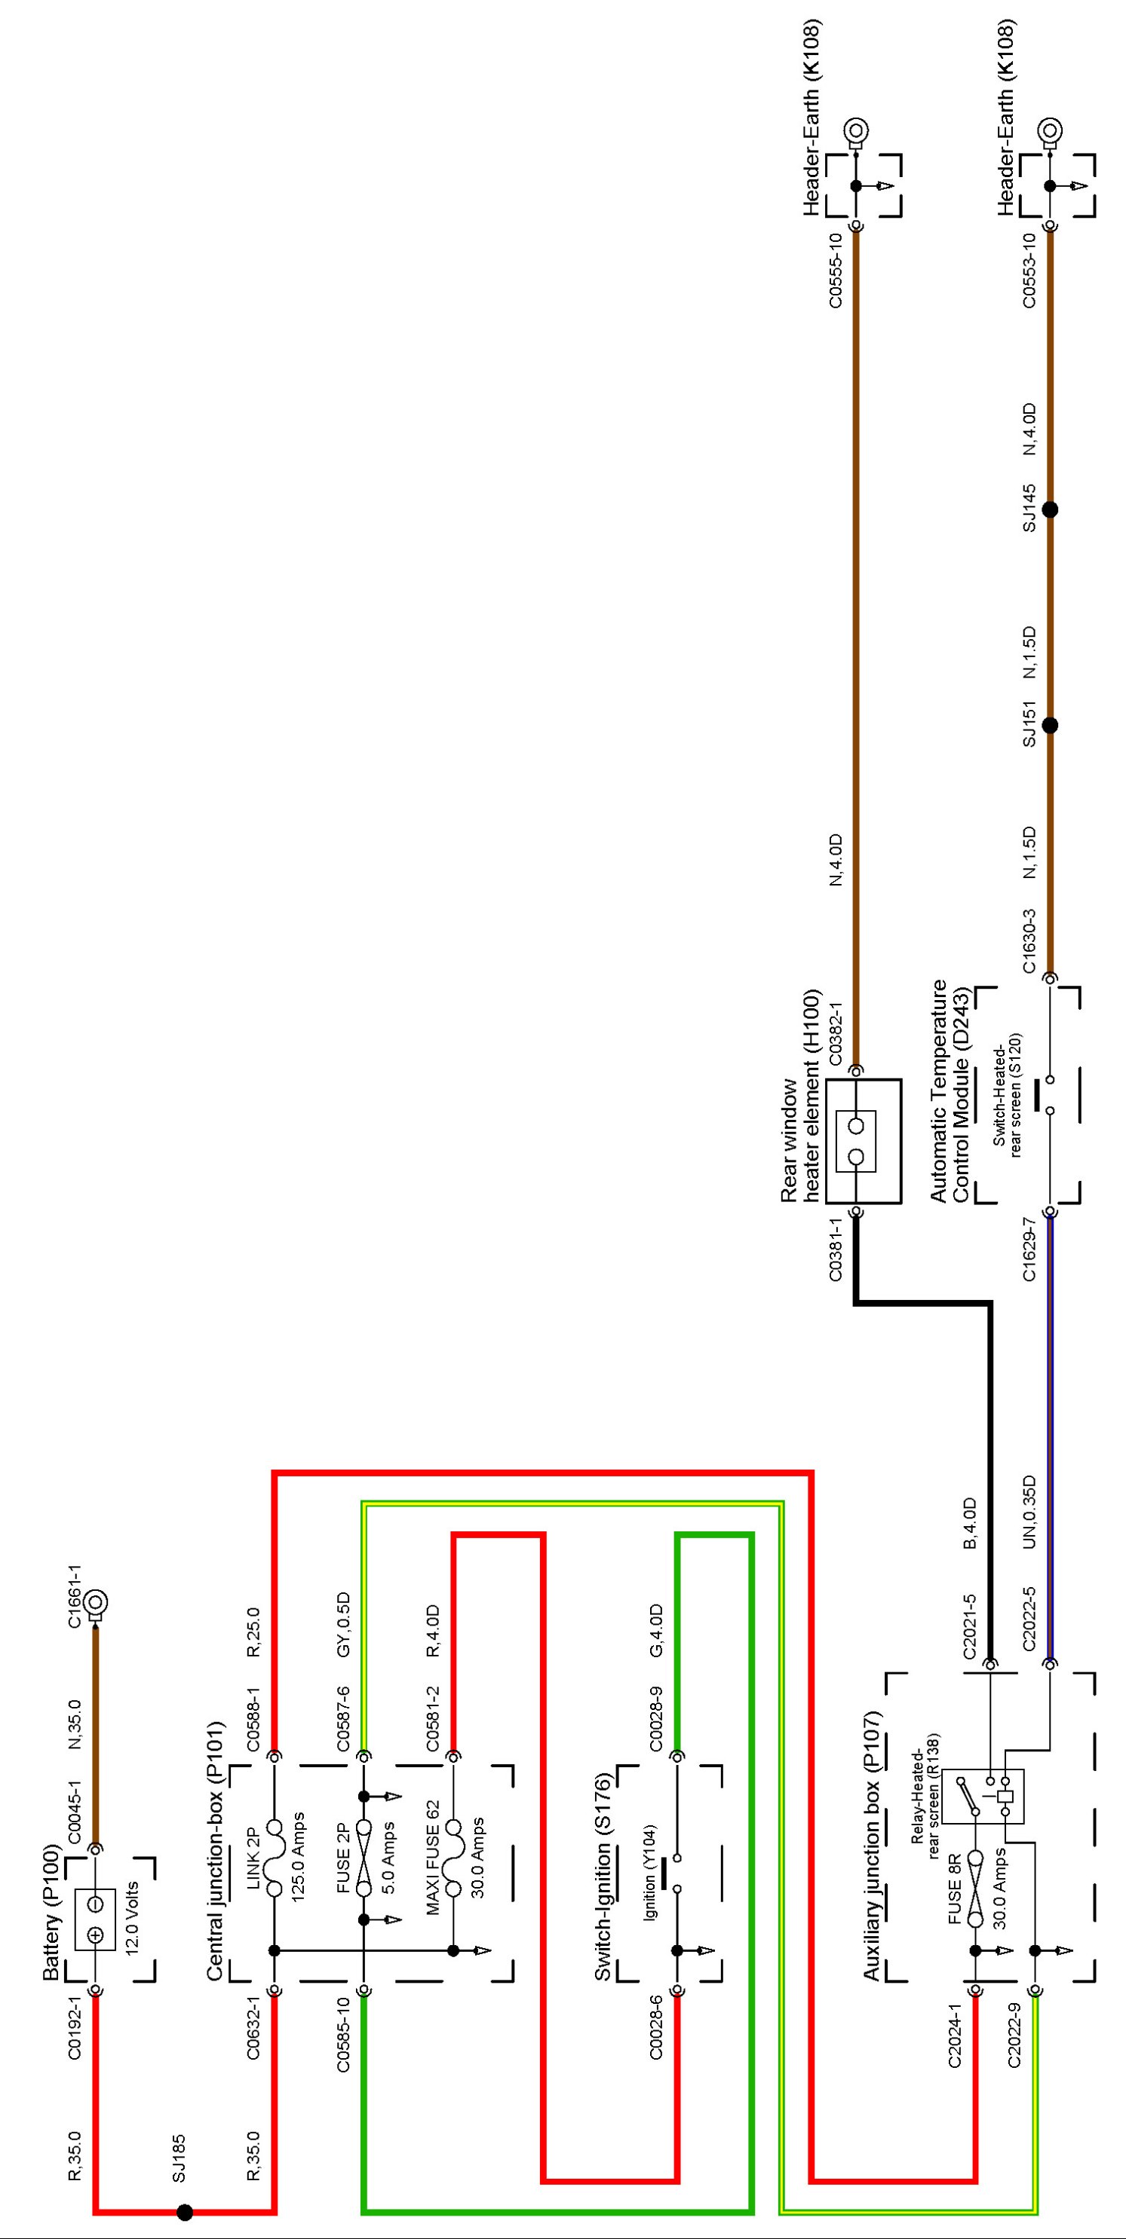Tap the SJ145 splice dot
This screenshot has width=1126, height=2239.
pos(1050,509)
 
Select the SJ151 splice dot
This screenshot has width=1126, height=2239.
pos(1050,725)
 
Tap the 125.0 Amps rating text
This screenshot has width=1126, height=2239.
pos(297,1857)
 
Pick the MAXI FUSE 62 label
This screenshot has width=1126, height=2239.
pos(432,1857)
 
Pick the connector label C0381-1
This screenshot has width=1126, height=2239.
pos(836,1249)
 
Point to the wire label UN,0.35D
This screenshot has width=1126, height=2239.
pos(1029,1512)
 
